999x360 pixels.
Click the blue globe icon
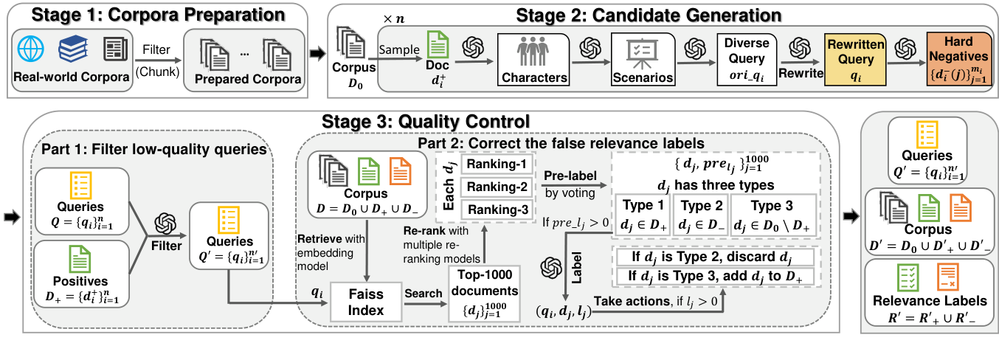[31, 48]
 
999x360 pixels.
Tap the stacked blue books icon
[73, 48]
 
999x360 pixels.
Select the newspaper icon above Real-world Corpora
[116, 49]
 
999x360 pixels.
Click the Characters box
[533, 59]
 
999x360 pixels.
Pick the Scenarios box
[643, 59]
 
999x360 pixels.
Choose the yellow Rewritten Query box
[855, 59]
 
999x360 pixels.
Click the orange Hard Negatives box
[959, 58]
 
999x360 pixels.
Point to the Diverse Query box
[747, 59]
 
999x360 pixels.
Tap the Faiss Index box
[366, 302]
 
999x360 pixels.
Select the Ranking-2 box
[497, 187]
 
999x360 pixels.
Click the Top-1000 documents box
[484, 294]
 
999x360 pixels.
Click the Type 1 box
[643, 215]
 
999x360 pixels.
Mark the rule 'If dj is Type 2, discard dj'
[714, 257]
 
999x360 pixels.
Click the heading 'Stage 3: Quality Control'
[426, 121]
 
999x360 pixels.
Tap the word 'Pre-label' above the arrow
[570, 176]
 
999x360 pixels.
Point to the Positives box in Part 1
[82, 274]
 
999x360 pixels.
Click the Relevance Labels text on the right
[930, 301]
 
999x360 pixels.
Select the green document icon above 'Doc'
[438, 44]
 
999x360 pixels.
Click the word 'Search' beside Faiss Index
[424, 294]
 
